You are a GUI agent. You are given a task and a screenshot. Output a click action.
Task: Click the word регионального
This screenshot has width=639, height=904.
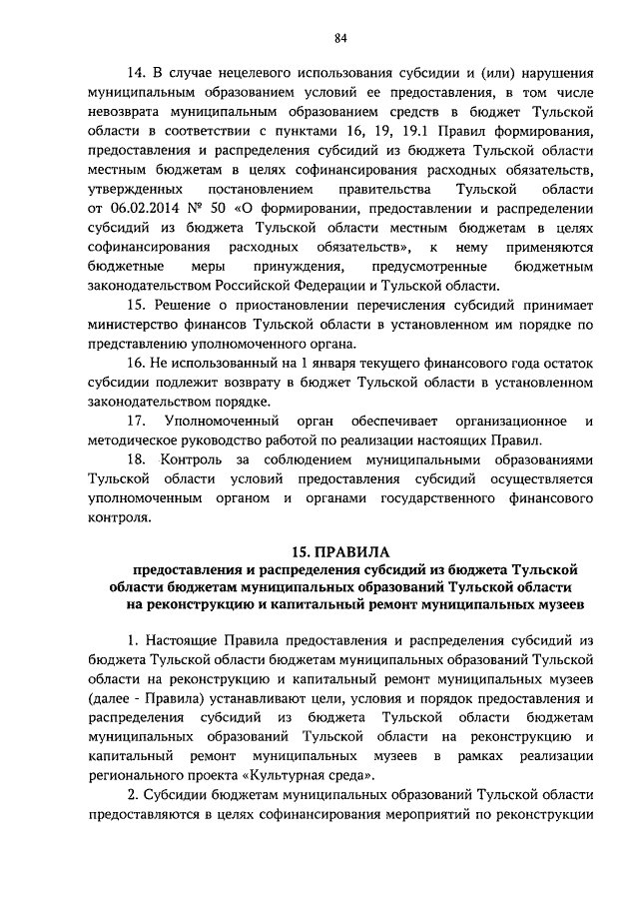click(141, 776)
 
